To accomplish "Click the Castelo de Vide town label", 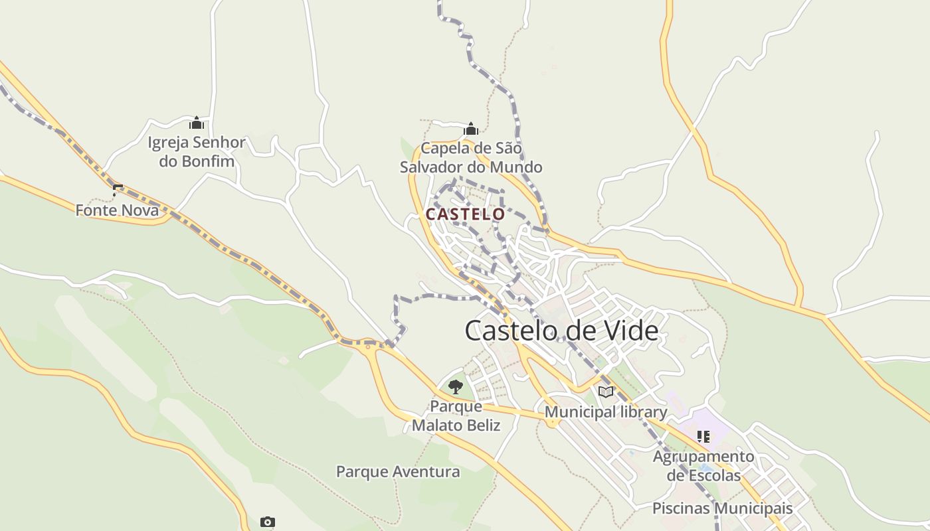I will pyautogui.click(x=561, y=331).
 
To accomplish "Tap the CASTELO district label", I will pyautogui.click(x=465, y=214).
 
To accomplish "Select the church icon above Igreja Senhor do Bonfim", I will pyautogui.click(x=197, y=123).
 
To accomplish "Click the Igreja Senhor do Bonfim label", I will pyautogui.click(x=197, y=151).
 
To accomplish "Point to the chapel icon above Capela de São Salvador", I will pyautogui.click(x=471, y=129).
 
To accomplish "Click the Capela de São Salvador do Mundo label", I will pyautogui.click(x=471, y=157).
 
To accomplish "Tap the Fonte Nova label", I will pyautogui.click(x=117, y=210).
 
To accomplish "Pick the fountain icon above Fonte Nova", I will pyautogui.click(x=118, y=190).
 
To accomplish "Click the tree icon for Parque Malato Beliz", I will pyautogui.click(x=456, y=386).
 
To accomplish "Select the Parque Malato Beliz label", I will pyautogui.click(x=456, y=415).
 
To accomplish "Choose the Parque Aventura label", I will pyautogui.click(x=398, y=472).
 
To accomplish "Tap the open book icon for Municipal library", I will pyautogui.click(x=605, y=392).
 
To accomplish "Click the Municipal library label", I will pyautogui.click(x=606, y=412).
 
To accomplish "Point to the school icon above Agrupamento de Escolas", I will pyautogui.click(x=703, y=437).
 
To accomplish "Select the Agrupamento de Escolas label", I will pyautogui.click(x=703, y=466).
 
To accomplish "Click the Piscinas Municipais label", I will pyautogui.click(x=722, y=508).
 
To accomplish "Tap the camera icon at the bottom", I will pyautogui.click(x=268, y=522).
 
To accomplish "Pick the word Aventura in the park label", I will pyautogui.click(x=425, y=472).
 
